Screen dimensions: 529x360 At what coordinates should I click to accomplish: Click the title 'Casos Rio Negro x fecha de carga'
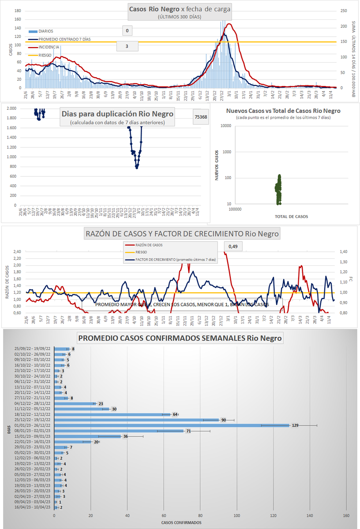click(x=180, y=9)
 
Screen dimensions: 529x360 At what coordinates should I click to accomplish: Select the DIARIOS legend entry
click(x=46, y=31)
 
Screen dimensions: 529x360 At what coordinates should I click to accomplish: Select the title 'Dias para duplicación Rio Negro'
click(x=117, y=114)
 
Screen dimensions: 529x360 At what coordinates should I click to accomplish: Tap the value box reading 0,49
click(x=234, y=246)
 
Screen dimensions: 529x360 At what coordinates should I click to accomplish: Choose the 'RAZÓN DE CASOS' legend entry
click(x=144, y=245)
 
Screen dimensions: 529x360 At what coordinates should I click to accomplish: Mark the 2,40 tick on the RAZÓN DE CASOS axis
click(x=16, y=252)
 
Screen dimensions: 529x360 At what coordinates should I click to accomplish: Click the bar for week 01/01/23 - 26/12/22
click(x=172, y=425)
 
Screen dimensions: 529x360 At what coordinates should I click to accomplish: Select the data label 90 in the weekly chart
click(x=224, y=420)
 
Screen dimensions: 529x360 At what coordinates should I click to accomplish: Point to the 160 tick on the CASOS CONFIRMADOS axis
click(x=346, y=515)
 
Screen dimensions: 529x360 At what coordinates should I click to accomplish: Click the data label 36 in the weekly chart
click(x=125, y=436)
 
